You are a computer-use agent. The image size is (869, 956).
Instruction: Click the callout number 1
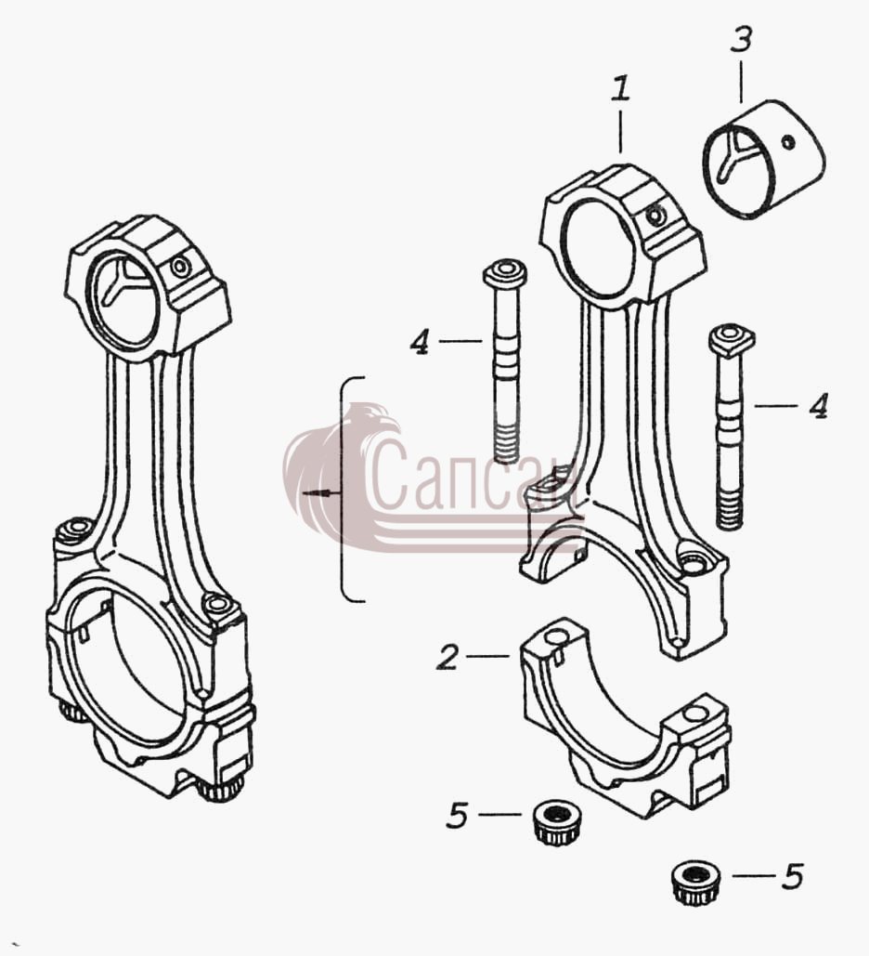(620, 89)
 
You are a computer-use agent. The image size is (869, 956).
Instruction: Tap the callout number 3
(741, 38)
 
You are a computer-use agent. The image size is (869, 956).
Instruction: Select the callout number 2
(447, 657)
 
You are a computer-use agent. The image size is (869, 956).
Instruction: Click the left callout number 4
(420, 341)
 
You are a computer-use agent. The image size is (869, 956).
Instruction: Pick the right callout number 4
(819, 405)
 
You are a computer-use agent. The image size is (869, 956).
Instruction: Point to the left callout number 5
(457, 815)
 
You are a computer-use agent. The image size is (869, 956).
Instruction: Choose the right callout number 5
(792, 876)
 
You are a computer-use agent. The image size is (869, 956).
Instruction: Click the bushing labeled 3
(764, 159)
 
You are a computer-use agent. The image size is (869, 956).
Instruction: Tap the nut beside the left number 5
(557, 823)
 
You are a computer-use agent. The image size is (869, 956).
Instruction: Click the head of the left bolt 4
(505, 274)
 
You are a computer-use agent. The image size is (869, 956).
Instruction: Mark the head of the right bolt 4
(732, 340)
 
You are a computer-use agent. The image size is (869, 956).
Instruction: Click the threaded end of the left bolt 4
(506, 444)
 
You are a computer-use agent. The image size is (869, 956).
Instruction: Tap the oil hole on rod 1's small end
(655, 216)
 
